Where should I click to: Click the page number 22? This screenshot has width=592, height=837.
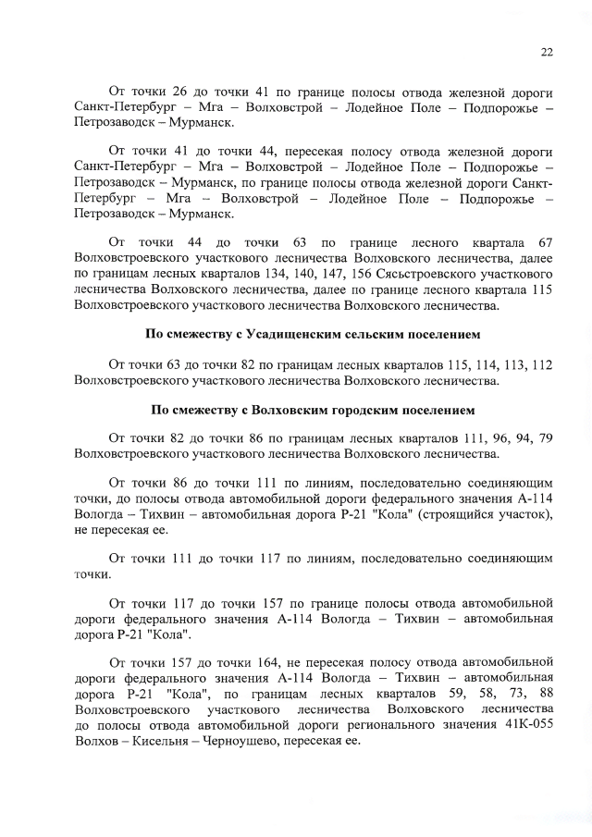[x=547, y=53]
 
